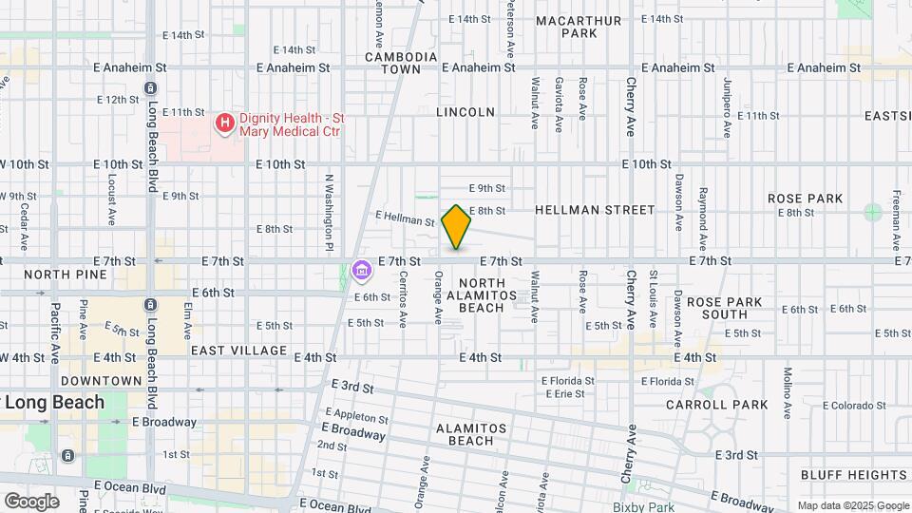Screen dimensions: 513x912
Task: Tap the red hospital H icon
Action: click(225, 123)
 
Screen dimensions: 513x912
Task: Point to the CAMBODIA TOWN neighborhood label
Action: click(401, 63)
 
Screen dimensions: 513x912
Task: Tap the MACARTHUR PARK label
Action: click(579, 27)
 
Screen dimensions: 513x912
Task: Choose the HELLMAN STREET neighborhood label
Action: click(595, 209)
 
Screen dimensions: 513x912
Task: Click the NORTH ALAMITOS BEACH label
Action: click(488, 294)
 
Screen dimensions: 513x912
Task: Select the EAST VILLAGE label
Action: click(238, 351)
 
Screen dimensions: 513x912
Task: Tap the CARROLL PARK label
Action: click(730, 405)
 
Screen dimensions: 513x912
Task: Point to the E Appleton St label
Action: click(356, 416)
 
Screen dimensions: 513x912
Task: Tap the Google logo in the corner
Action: click(31, 501)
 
